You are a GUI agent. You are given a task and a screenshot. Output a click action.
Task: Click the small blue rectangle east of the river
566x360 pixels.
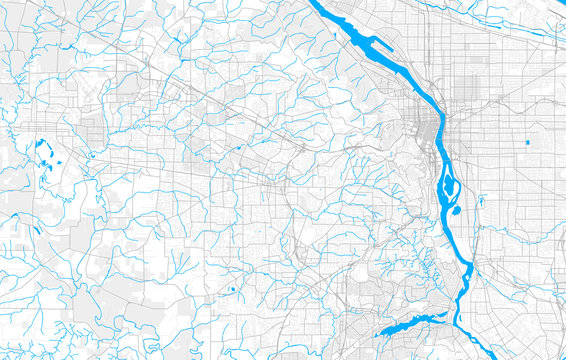[526, 143]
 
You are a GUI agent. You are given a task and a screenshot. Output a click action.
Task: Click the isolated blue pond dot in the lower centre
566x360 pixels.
[232, 290]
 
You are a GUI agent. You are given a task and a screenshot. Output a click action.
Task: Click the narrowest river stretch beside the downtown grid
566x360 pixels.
[436, 140]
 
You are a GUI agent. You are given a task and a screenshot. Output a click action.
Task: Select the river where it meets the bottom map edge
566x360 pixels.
[457, 354]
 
